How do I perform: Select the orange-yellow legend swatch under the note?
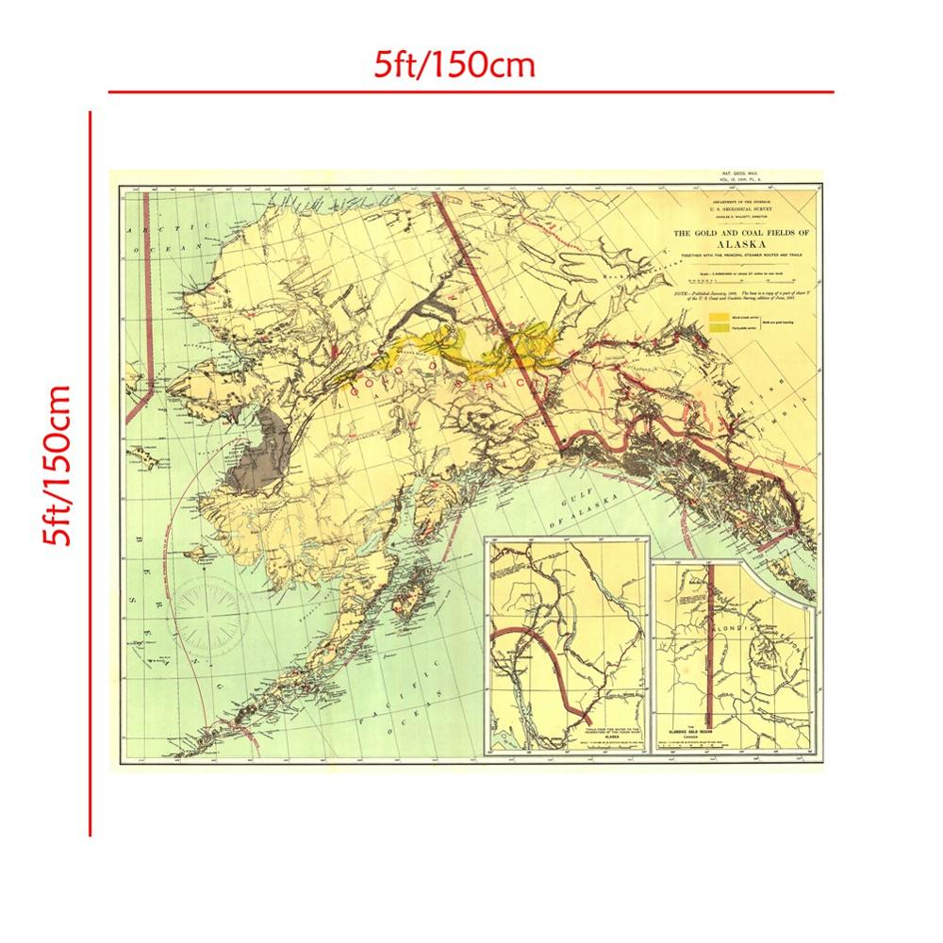[720, 317]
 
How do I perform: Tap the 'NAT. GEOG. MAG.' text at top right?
[739, 175]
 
